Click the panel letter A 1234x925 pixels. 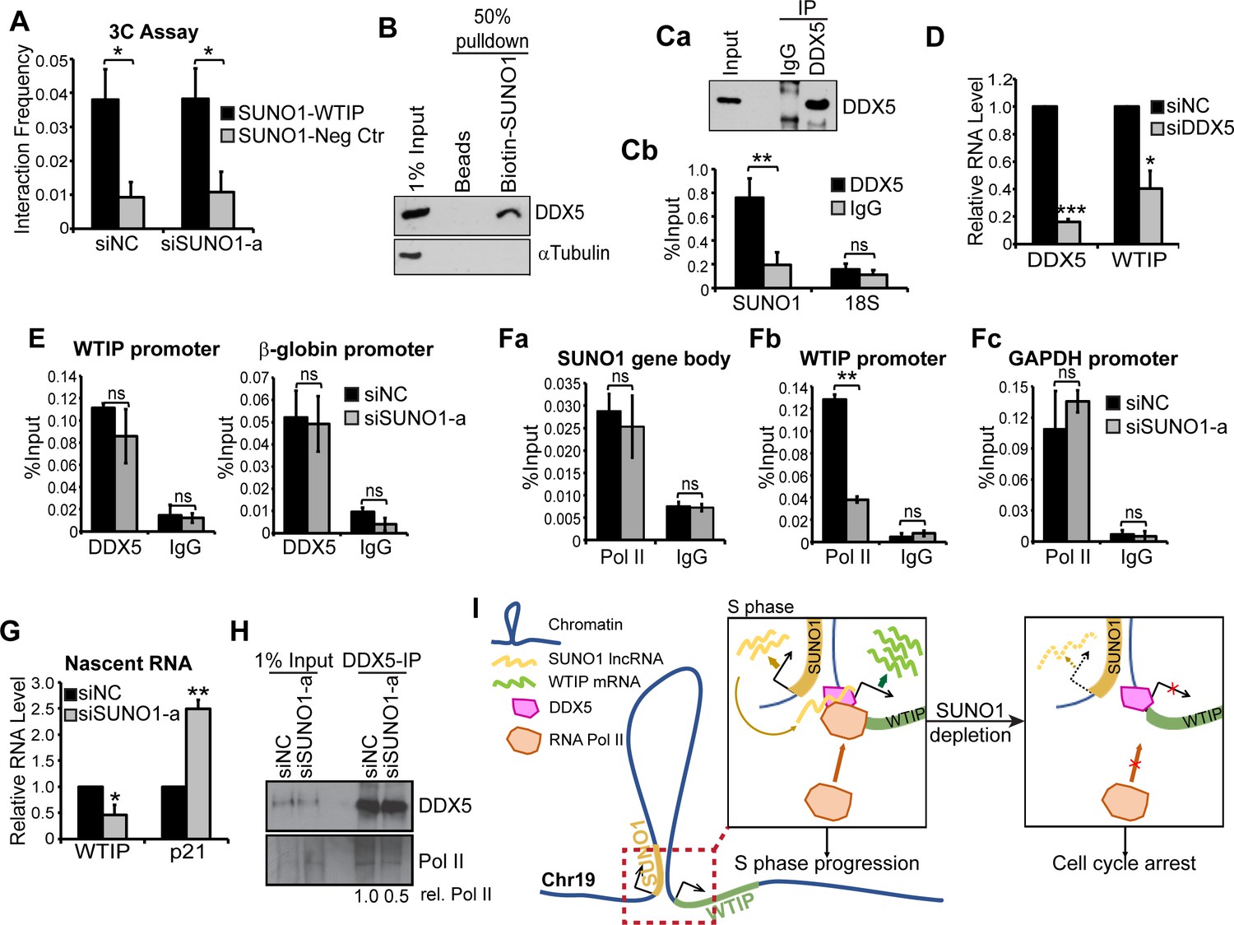pyautogui.click(x=20, y=21)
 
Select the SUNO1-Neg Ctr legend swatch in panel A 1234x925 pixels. pyautogui.click(x=228, y=136)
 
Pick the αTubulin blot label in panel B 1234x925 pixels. pyautogui.click(x=574, y=253)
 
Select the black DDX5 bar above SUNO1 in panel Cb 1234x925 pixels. pyautogui.click(x=749, y=243)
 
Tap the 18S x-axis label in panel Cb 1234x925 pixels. pyautogui.click(x=861, y=304)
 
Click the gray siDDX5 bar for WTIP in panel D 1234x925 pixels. pyautogui.click(x=1150, y=216)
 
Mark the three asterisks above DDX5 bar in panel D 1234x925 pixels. pyautogui.click(x=1070, y=211)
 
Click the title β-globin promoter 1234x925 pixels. pyautogui.click(x=346, y=350)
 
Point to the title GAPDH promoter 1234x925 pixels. pyautogui.click(x=1093, y=359)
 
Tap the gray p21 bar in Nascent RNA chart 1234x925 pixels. pyautogui.click(x=197, y=773)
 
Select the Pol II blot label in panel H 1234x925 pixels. pyautogui.click(x=441, y=862)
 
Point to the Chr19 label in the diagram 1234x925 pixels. pyautogui.click(x=568, y=880)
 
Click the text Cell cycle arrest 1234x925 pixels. pyautogui.click(x=1124, y=863)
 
